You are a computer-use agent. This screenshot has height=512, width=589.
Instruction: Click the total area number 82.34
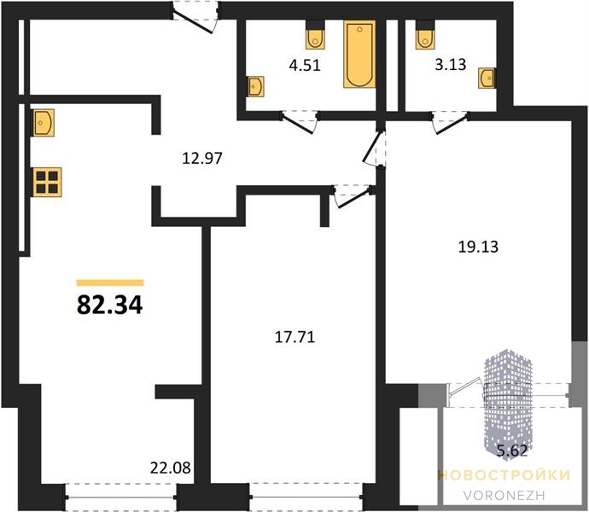(x=109, y=305)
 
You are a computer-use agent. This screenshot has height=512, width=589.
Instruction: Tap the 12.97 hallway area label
(x=202, y=158)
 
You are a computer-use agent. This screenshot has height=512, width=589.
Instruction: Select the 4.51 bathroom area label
(x=305, y=66)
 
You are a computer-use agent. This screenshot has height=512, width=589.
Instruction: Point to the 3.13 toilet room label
(x=451, y=65)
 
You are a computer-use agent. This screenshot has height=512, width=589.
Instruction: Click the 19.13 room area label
(x=478, y=247)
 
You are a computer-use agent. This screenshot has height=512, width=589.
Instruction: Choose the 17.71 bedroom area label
(x=294, y=337)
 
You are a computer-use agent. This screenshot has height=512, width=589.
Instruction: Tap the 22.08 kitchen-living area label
(x=170, y=468)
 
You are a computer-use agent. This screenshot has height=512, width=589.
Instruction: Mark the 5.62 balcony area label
(x=512, y=450)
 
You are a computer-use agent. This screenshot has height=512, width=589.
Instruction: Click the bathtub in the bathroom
(x=359, y=54)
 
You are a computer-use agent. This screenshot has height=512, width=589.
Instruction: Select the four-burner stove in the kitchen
(x=47, y=182)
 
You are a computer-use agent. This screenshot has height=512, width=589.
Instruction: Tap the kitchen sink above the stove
(x=44, y=123)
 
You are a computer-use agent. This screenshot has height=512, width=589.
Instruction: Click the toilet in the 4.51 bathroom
(x=315, y=34)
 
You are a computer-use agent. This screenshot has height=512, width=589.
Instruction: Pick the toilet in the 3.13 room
(x=425, y=34)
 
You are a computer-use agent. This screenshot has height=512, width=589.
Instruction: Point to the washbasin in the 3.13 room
(x=487, y=79)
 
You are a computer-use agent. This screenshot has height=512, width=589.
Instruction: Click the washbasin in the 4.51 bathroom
(x=255, y=86)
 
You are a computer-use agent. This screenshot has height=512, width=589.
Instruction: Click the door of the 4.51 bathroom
(x=300, y=121)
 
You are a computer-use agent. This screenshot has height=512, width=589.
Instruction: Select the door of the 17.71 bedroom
(x=352, y=195)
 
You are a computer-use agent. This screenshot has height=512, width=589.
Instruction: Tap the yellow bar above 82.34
(x=110, y=282)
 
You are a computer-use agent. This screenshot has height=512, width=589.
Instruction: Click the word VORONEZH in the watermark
(x=504, y=495)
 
